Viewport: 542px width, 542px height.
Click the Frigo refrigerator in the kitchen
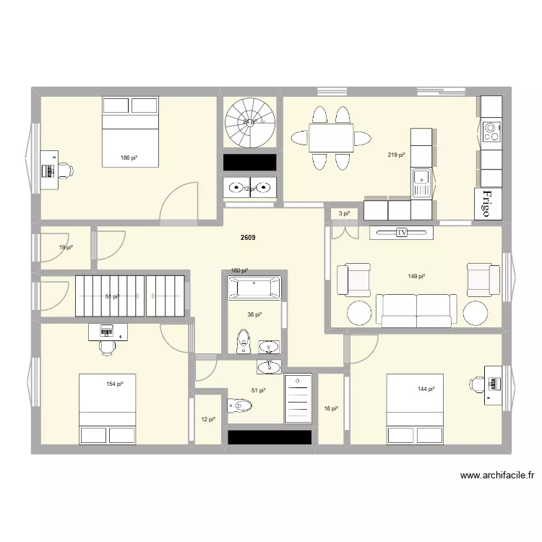point(488,204)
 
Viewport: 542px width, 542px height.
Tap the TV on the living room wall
point(401,233)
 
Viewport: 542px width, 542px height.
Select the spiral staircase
point(250,123)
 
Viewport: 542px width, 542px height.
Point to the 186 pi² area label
point(129,158)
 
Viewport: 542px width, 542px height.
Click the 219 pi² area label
point(396,155)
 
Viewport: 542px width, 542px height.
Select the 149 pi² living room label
point(416,276)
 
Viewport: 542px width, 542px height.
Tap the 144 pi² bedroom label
point(426,390)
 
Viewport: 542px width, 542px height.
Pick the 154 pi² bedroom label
point(114,384)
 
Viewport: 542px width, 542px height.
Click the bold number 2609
point(249,238)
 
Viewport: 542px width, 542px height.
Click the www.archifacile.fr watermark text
point(496,476)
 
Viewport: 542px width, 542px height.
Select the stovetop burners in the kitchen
point(491,132)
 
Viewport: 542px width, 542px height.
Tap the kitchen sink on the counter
point(421,178)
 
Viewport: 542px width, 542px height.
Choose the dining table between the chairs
point(331,137)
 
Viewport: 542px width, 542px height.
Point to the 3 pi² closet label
point(344,213)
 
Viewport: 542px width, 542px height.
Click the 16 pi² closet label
point(330,409)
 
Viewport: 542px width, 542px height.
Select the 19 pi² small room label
point(65,248)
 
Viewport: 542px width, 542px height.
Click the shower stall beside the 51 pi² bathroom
point(298,399)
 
